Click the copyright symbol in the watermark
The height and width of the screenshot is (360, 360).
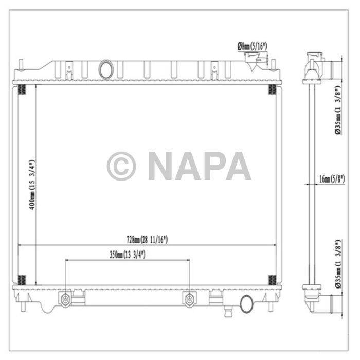click(121, 166)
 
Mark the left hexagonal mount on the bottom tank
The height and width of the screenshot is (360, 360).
click(65, 299)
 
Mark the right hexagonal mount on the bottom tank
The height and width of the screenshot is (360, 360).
click(189, 299)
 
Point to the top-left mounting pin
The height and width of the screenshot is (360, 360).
click(21, 65)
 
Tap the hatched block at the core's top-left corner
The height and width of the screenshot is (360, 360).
click(22, 91)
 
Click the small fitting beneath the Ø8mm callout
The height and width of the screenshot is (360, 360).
click(256, 63)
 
